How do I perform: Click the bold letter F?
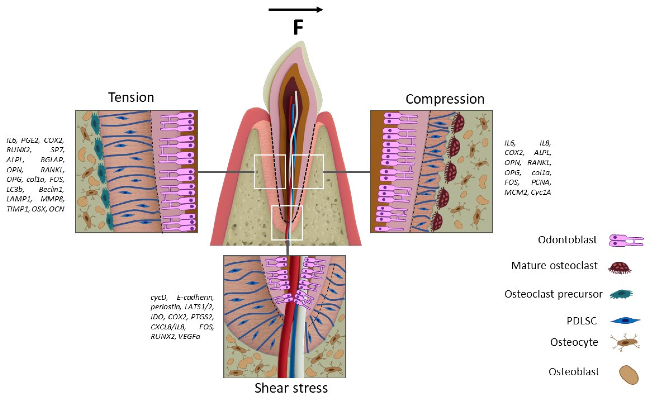tap(298, 28)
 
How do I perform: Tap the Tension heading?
tap(131, 97)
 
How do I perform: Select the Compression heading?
tap(445, 99)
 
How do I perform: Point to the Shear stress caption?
tap(291, 388)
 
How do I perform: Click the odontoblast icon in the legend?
tap(626, 240)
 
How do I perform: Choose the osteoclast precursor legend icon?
tap(621, 294)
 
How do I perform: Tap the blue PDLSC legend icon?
tap(624, 321)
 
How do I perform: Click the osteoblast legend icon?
tap(629, 375)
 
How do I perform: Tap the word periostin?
tap(166, 307)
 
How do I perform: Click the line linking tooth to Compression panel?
tap(347, 172)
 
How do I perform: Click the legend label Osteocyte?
tap(574, 342)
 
